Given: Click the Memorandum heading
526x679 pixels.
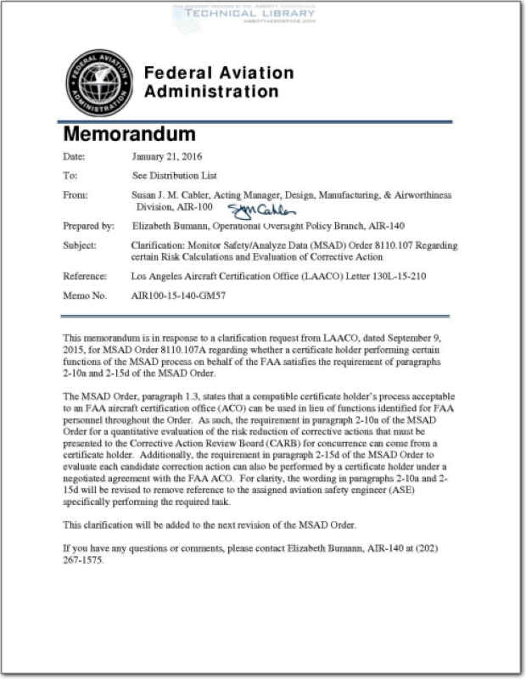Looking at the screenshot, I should click(129, 134).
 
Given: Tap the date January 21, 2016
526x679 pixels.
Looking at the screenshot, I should click(167, 157).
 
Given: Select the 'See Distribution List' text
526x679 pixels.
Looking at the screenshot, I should click(175, 176).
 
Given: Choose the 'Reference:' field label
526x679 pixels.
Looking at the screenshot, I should click(85, 277).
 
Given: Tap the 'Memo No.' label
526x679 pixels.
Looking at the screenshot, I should click(86, 295).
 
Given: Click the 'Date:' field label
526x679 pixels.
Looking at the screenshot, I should click(75, 157).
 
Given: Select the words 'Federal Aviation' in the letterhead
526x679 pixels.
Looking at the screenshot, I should click(218, 74).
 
